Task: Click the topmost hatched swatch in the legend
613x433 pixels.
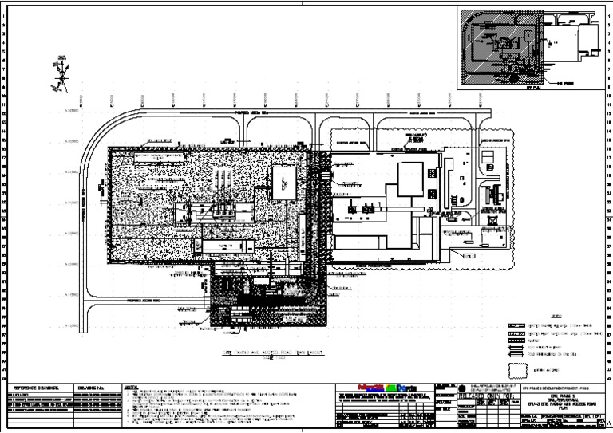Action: click(x=514, y=327)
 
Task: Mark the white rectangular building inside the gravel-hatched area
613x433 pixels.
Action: click(x=283, y=183)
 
